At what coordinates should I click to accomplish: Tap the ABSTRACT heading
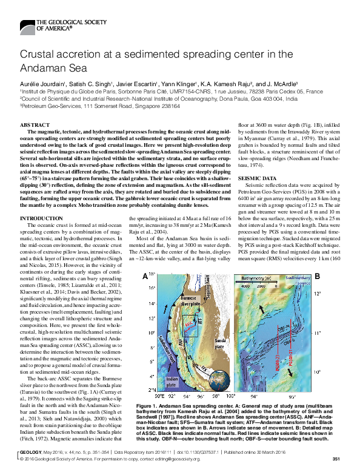point(35,124)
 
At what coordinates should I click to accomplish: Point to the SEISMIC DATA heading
point(261,178)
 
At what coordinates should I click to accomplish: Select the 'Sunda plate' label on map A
point(216,331)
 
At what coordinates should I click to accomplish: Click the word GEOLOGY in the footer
point(29,460)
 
